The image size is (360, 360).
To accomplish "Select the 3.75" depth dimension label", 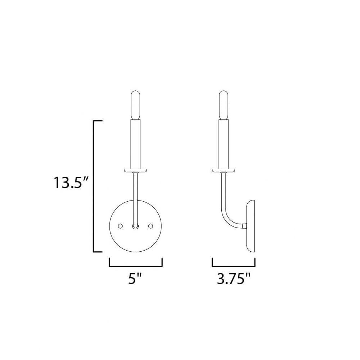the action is (233, 279).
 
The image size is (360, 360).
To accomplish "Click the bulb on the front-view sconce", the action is (135, 105).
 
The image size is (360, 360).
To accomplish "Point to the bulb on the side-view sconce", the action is (224, 105).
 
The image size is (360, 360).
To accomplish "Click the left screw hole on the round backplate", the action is (120, 226).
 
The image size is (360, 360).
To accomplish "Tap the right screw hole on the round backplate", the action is (150, 226).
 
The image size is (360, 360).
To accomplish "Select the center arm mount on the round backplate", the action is (135, 226).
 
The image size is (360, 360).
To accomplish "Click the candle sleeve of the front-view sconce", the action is (135, 144).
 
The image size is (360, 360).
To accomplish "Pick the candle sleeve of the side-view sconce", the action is (224, 144).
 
